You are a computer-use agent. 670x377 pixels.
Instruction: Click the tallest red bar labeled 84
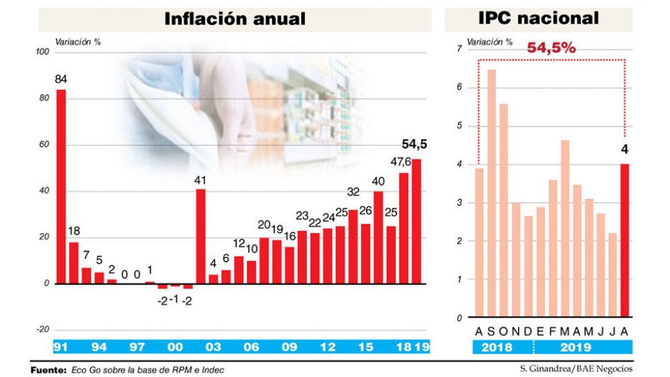point(61,186)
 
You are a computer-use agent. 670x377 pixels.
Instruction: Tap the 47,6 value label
point(403,161)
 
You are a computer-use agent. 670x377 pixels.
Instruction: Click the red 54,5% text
point(551,48)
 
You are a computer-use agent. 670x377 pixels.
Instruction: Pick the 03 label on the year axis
point(213,347)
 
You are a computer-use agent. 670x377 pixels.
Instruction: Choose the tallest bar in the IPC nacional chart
point(491,193)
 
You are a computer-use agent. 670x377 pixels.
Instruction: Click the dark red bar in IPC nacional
point(625,240)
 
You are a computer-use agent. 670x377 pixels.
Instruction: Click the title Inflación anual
point(235,19)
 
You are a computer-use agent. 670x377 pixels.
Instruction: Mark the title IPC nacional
point(538,18)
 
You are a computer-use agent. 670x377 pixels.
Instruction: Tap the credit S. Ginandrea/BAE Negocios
point(575,369)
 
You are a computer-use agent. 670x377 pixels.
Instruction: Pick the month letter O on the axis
point(503,330)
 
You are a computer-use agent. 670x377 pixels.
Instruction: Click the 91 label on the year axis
point(61,347)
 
